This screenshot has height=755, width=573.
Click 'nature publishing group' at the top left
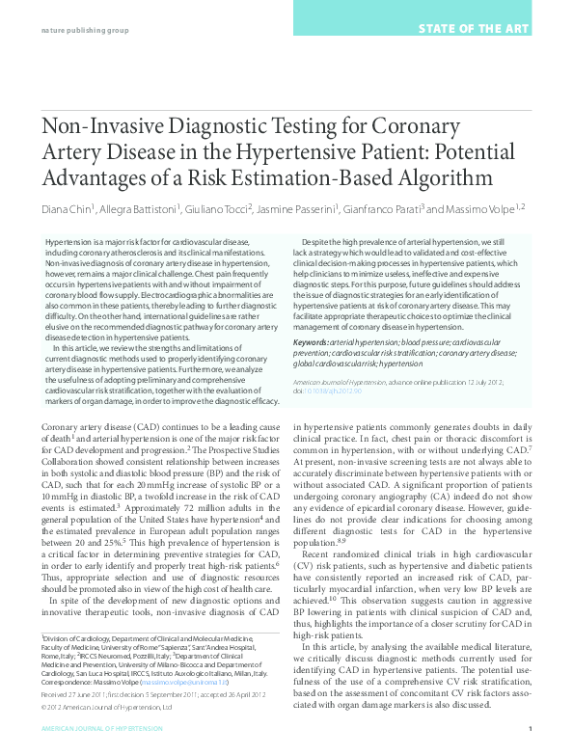click(84, 29)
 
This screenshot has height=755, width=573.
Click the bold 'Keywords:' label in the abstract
click(310, 341)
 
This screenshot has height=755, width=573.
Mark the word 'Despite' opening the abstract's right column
click(320, 239)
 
